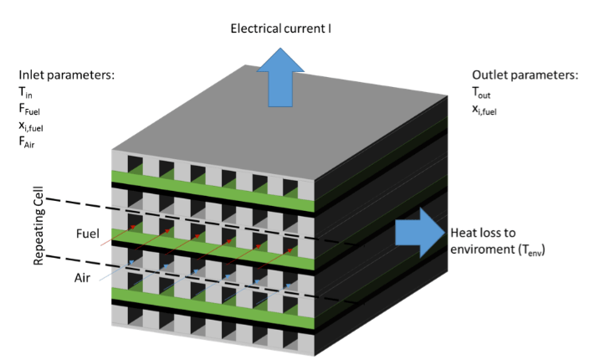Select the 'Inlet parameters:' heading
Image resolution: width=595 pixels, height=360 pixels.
[66, 75]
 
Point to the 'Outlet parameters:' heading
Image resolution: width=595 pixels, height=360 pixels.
[525, 75]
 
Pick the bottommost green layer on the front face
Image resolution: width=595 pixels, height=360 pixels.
[213, 297]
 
